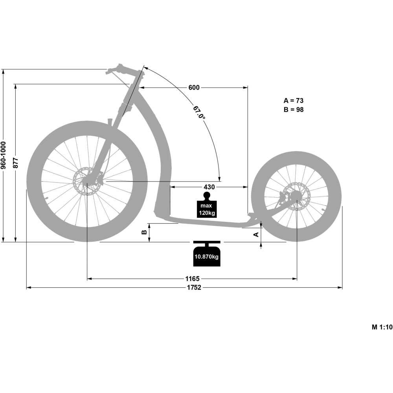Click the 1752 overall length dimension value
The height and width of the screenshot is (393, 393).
pyautogui.click(x=194, y=288)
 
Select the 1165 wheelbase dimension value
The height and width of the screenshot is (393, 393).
pyautogui.click(x=192, y=279)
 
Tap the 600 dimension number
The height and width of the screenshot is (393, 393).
pyautogui.click(x=194, y=88)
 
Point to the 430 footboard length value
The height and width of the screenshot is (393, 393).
pyautogui.click(x=209, y=187)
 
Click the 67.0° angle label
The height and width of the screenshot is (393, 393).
pyautogui.click(x=199, y=112)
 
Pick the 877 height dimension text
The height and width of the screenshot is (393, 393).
pyautogui.click(x=16, y=163)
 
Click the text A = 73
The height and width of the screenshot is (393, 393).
pyautogui.click(x=294, y=101)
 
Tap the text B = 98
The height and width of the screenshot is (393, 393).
pyautogui.click(x=294, y=110)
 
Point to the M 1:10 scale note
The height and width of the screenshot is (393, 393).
pyautogui.click(x=382, y=327)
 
